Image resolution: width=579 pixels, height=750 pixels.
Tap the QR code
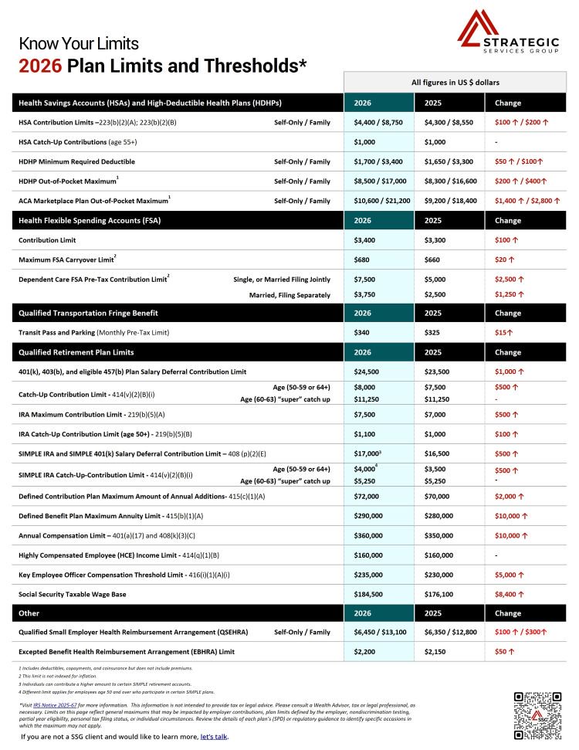[x=538, y=716]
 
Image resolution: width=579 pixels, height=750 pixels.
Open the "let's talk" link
[x=214, y=736]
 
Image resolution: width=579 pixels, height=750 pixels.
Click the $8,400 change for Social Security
[x=510, y=594]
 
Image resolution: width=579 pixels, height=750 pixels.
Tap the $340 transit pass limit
[x=361, y=332]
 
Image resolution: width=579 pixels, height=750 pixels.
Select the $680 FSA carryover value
[x=361, y=260]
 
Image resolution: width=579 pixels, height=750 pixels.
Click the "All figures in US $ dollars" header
[x=455, y=82]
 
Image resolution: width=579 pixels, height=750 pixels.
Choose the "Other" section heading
[x=30, y=613]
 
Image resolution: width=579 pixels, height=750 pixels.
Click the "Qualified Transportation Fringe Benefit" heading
[x=88, y=313]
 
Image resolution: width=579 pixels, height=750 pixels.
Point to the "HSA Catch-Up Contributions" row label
[x=77, y=142]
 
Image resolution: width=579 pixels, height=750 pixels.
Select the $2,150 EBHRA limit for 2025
[x=437, y=652]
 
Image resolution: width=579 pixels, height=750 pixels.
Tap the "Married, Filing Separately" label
[x=289, y=294]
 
